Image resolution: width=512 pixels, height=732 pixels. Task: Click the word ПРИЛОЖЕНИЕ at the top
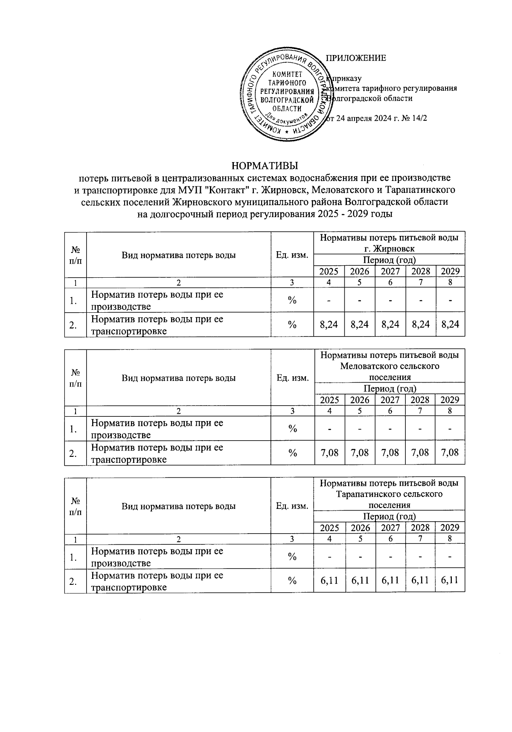coord(356,58)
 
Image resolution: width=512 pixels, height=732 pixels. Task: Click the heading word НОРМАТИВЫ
coord(264,165)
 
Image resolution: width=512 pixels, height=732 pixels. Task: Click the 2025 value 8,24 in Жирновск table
coord(329,325)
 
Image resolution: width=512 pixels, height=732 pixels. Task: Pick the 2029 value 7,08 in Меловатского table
coord(450,453)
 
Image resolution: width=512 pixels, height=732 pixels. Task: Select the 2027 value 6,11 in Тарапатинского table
coord(390,581)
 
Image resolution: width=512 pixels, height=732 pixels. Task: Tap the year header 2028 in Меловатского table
coord(420,400)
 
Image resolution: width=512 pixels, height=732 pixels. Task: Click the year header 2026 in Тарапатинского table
coord(360,528)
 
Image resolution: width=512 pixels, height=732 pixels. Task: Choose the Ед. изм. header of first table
coord(292,255)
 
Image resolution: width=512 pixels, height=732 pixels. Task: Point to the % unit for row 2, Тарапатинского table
coord(292,581)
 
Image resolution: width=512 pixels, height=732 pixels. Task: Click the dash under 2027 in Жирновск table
coord(390,300)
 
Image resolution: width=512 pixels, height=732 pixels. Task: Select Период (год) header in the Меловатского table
coord(389,388)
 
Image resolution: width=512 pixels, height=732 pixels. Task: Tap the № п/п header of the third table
coord(76,506)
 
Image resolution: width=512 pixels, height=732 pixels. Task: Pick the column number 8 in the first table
coord(450,282)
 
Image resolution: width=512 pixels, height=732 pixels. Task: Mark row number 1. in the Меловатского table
coord(73,429)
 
